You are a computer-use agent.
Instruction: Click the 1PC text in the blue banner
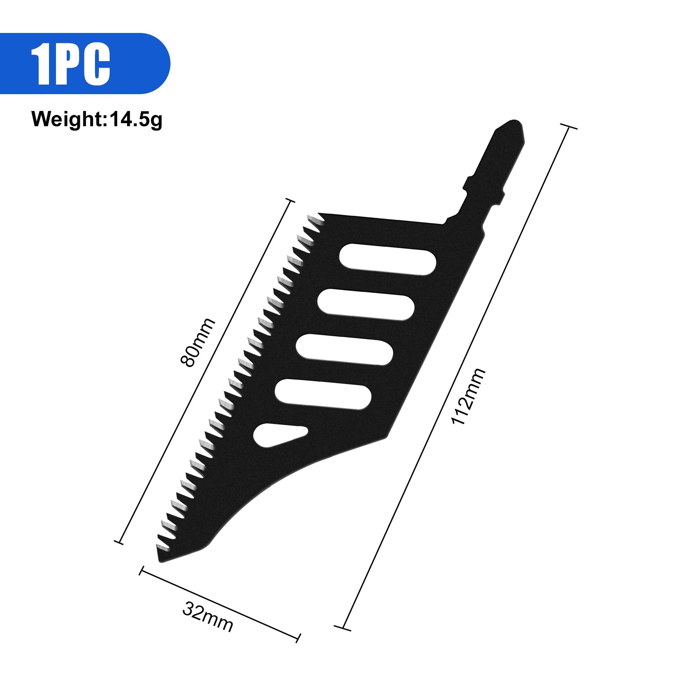click(71, 64)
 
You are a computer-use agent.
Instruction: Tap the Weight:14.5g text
click(97, 119)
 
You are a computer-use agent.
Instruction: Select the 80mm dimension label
click(197, 343)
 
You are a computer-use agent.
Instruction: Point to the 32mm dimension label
click(208, 616)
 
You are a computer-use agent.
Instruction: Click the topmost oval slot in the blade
click(387, 259)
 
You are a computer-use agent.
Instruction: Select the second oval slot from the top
click(366, 304)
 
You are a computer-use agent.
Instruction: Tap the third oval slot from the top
click(344, 349)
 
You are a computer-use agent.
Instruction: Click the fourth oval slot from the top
click(323, 394)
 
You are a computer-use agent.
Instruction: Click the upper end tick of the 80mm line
click(290, 201)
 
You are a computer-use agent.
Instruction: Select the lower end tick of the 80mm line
click(118, 542)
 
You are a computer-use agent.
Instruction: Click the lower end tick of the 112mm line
click(343, 627)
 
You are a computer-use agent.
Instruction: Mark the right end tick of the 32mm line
click(299, 638)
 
